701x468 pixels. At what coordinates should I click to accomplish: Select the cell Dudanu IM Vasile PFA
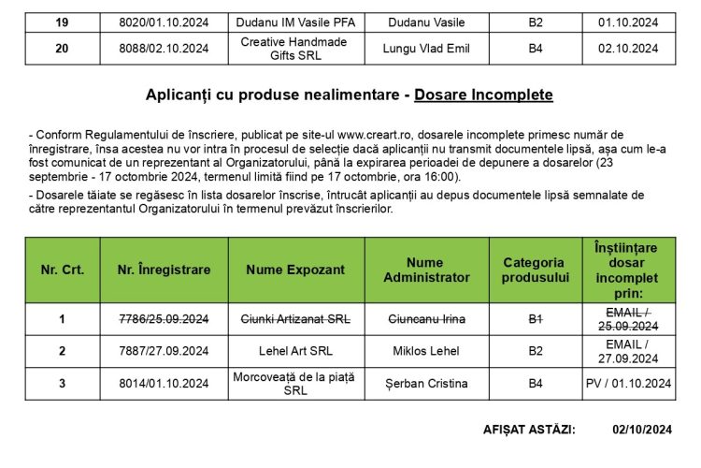click(x=294, y=22)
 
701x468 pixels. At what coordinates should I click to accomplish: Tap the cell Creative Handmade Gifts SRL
click(x=294, y=49)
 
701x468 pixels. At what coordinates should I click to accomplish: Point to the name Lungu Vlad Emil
click(x=426, y=49)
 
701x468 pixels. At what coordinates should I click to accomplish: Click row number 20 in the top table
click(x=62, y=49)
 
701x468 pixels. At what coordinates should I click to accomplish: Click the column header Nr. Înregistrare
click(x=164, y=270)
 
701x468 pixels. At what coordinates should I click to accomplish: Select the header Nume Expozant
click(x=294, y=270)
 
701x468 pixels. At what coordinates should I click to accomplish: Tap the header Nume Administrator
click(x=426, y=270)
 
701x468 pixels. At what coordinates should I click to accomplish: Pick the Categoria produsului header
click(x=536, y=270)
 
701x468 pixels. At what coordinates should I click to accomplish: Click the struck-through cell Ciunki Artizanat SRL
click(x=294, y=319)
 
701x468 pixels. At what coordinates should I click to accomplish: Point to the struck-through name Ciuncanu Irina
click(x=426, y=319)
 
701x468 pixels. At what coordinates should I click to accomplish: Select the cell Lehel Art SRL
click(x=294, y=351)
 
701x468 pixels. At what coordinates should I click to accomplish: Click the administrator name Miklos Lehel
click(x=426, y=351)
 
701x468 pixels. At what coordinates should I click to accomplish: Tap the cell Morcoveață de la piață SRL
click(x=294, y=383)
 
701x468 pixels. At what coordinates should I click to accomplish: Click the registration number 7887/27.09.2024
click(x=164, y=351)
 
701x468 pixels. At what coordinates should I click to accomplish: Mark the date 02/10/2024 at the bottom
click(x=642, y=430)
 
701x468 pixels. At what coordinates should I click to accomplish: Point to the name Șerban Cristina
click(x=426, y=383)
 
